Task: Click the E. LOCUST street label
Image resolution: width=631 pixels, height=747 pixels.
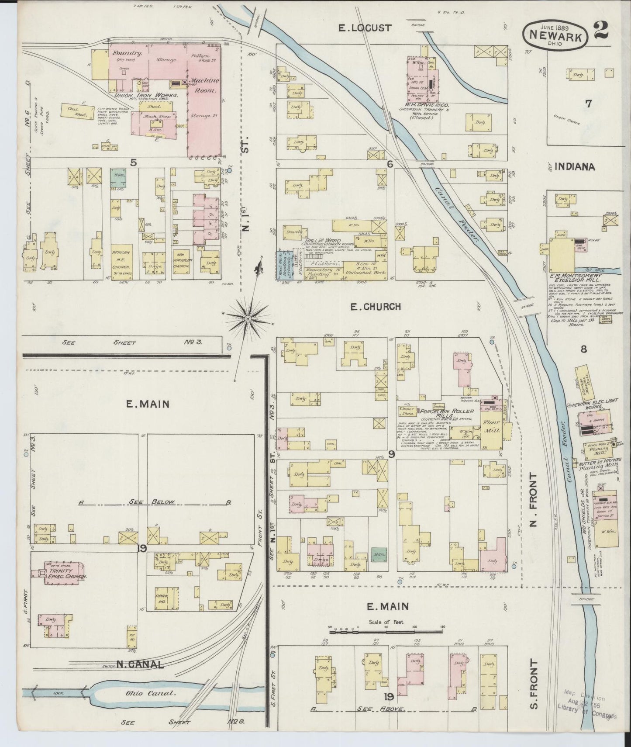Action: tap(365, 28)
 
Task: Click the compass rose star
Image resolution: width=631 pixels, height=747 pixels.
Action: tap(248, 319)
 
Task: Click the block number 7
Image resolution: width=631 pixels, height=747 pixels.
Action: tap(588, 104)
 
